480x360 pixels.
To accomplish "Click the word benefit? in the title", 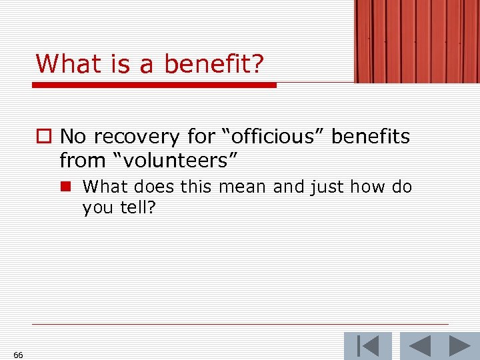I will pyautogui.click(x=214, y=65).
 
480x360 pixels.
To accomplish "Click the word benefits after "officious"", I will pyautogui.click(x=371, y=137).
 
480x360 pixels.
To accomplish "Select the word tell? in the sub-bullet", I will pyautogui.click(x=137, y=208).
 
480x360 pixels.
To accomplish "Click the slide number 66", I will pyautogui.click(x=18, y=355).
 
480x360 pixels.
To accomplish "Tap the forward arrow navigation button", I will pyautogui.click(x=459, y=346).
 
